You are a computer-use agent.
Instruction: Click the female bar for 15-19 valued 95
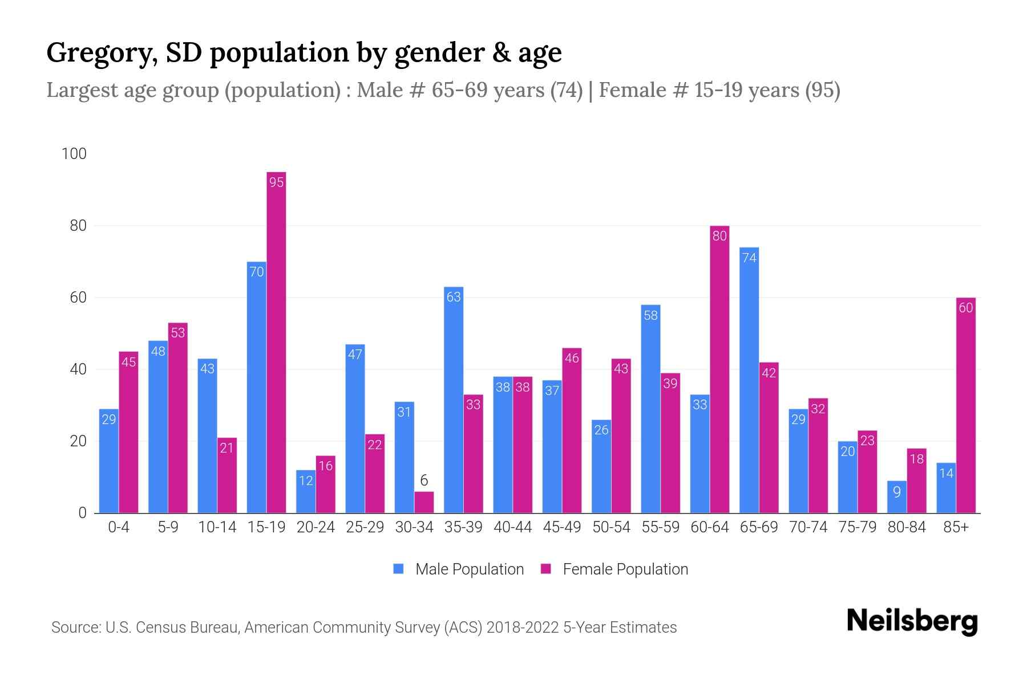276,342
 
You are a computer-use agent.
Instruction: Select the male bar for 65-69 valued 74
749,380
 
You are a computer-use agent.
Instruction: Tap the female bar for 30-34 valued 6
424,502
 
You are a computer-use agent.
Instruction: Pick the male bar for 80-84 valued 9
896,497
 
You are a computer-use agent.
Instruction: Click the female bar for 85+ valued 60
965,405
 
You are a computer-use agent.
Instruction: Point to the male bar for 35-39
454,400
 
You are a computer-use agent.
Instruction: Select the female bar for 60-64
719,369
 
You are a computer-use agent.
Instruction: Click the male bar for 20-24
306,491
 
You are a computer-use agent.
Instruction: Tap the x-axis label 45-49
561,527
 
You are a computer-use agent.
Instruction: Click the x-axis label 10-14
217,527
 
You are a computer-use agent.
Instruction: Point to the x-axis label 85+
956,527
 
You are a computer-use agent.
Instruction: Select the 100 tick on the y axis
74,154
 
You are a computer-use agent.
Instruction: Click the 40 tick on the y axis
78,369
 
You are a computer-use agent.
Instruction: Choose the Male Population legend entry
458,569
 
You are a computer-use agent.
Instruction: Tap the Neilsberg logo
912,621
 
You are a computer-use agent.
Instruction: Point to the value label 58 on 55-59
650,315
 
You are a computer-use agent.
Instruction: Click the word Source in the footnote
75,628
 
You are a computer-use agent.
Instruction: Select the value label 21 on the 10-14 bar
227,448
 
